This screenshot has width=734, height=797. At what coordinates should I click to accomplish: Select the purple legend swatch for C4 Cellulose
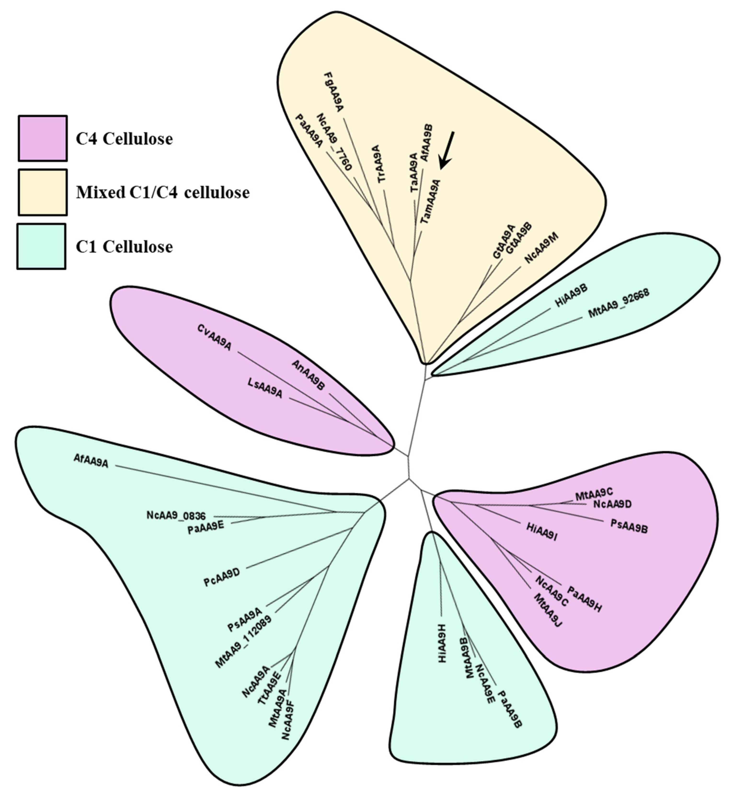point(42,138)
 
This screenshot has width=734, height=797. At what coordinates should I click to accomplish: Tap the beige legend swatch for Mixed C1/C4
point(42,192)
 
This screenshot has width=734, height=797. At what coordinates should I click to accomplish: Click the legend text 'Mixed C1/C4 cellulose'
point(163,193)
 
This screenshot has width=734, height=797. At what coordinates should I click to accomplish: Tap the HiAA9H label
point(442,649)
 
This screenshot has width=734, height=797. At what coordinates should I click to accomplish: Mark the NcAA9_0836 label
point(176,516)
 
